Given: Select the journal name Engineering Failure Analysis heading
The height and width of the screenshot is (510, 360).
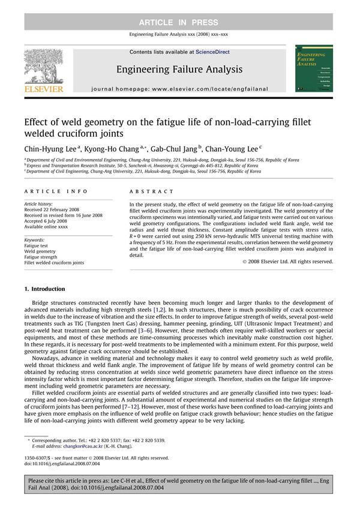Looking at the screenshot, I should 179,69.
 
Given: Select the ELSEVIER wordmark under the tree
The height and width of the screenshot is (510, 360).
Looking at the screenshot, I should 43,89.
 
